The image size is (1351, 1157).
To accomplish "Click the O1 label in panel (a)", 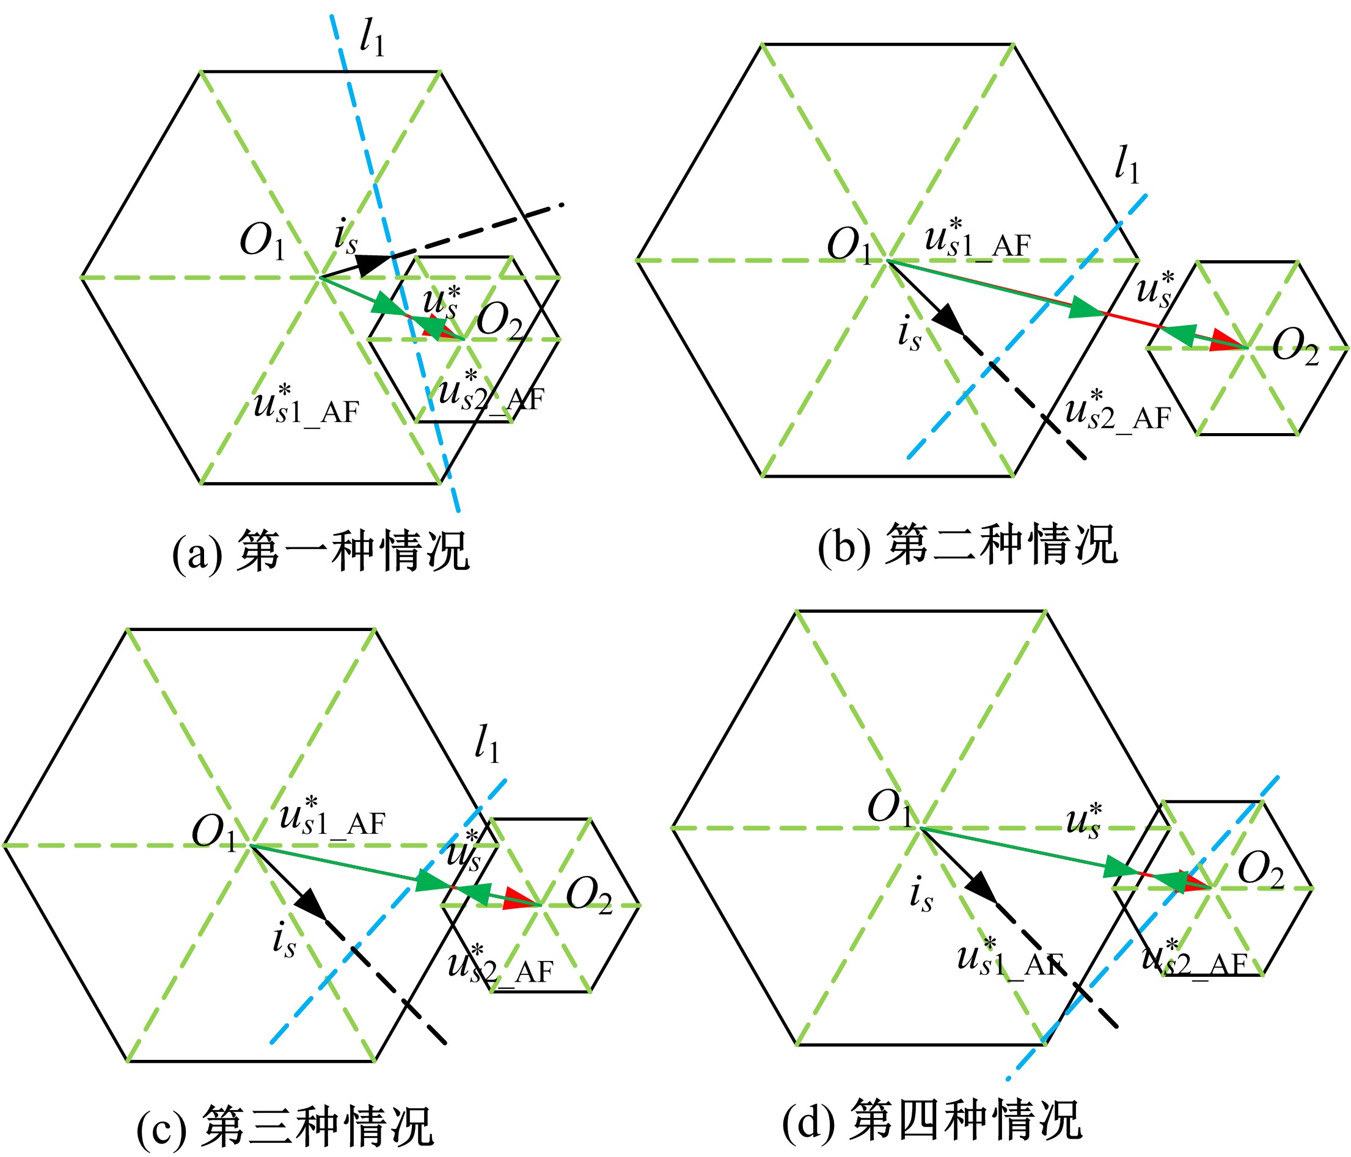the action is click(263, 242).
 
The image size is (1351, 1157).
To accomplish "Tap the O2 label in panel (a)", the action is click(499, 322).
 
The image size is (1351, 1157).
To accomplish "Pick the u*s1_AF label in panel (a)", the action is click(307, 405).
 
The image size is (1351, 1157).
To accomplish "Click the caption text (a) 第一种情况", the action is click(320, 551).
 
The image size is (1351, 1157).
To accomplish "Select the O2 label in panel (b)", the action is click(1295, 346).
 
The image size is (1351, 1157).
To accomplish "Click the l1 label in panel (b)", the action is click(1127, 165).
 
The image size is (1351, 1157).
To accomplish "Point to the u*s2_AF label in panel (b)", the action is click(1118, 411).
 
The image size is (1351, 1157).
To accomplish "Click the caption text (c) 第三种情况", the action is click(285, 1126).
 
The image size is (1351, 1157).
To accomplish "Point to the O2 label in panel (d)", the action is click(1261, 871).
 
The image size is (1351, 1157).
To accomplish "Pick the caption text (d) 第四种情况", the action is click(932, 1119).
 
